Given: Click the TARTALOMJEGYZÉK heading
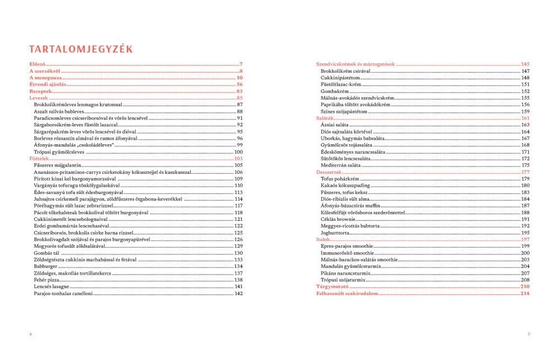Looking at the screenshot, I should [x=81, y=49].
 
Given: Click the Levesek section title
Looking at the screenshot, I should [x=39, y=98].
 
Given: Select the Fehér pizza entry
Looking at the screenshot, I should [x=48, y=280].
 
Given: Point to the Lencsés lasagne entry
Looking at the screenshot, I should [x=51, y=287].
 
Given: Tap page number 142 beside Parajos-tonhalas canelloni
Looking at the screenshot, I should [x=238, y=293].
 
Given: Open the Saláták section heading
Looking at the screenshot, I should [x=325, y=119].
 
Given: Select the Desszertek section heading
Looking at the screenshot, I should [x=329, y=172].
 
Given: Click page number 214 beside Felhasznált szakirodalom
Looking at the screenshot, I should [x=524, y=293].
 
